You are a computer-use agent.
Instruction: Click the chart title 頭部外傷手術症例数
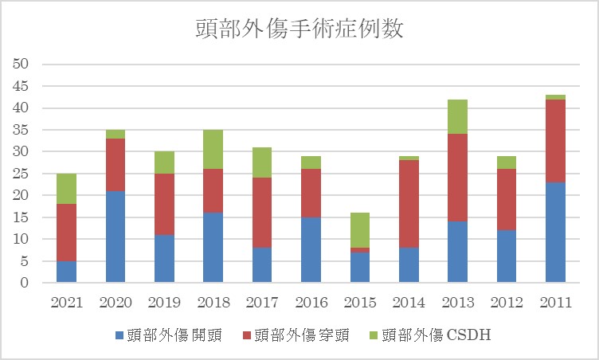[x=299, y=29]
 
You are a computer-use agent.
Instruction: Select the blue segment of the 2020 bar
[x=115, y=237]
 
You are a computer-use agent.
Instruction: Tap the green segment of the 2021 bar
[x=66, y=189]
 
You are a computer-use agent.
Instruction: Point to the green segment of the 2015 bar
[x=359, y=230]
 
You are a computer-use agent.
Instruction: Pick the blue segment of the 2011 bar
[x=555, y=232]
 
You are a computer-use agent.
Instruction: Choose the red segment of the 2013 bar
[x=457, y=178]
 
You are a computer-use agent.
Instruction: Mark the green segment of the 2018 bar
[x=213, y=149]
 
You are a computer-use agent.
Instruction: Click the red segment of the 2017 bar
[x=262, y=213]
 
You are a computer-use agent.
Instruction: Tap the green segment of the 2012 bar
[x=507, y=162]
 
